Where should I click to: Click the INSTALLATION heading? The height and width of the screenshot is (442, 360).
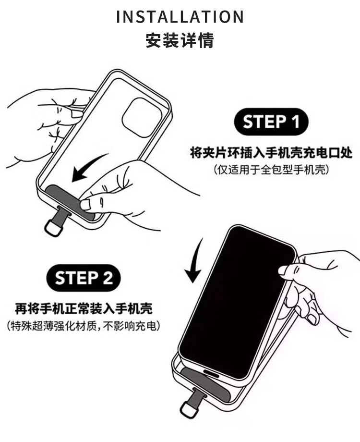[x=180, y=17]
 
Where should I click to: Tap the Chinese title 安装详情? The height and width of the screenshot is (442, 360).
[x=180, y=40]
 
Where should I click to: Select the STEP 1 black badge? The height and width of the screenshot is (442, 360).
[x=271, y=122]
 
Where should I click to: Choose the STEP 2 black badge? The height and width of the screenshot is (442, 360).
[x=84, y=278]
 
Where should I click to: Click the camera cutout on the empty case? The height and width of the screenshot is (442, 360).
[x=142, y=118]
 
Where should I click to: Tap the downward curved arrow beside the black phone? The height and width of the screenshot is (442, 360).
[x=194, y=261]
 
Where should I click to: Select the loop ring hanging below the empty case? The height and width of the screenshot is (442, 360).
[x=54, y=227]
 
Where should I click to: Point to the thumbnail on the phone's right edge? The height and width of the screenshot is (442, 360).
[x=283, y=270]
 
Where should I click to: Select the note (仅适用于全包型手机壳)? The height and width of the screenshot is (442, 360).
[x=271, y=170]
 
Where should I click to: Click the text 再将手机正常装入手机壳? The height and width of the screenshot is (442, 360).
[x=84, y=308]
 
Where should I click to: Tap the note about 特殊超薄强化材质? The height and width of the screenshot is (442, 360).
[x=84, y=326]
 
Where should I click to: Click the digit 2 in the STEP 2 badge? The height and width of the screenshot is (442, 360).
[x=108, y=278]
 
